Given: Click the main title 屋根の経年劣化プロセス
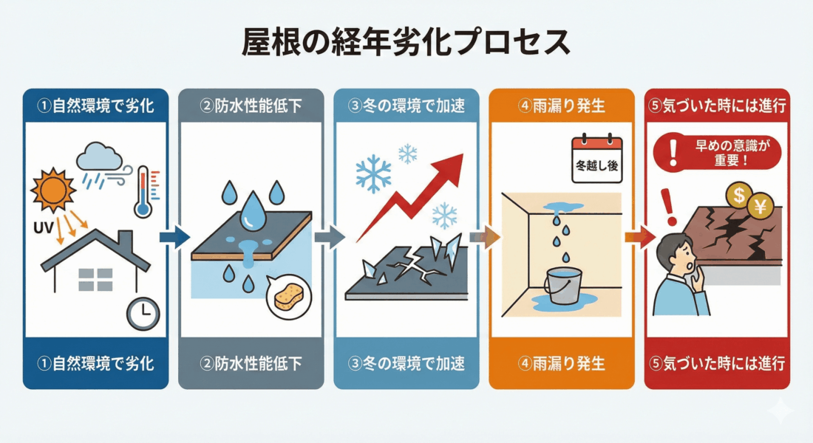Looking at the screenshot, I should point(406,44).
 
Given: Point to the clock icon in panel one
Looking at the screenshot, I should point(143,313).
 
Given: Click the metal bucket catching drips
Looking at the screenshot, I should point(562,286).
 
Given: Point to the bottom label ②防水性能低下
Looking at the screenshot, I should point(251,363).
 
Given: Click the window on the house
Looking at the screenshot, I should point(95,279).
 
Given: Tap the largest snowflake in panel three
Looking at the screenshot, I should point(373,174).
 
